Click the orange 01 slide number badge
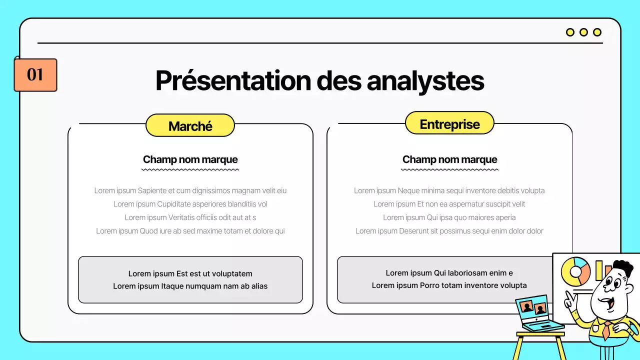[35, 75]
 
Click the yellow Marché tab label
[190, 125]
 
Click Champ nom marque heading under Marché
[190, 159]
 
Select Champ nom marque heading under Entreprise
[449, 159]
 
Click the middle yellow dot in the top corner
[583, 32]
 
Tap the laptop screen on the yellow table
[532, 307]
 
